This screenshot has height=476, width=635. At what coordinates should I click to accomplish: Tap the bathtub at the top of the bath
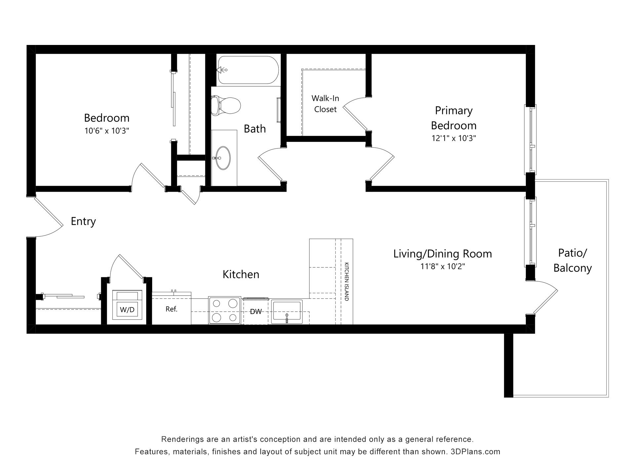pyautogui.click(x=248, y=70)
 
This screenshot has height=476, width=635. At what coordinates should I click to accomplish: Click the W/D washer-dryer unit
pyautogui.click(x=127, y=305)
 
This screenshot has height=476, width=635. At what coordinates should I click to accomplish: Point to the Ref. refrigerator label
pyautogui.click(x=172, y=309)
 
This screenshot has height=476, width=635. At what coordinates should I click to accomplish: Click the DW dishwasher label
pyautogui.click(x=256, y=311)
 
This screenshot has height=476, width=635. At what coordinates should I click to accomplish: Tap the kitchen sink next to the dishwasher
pyautogui.click(x=287, y=312)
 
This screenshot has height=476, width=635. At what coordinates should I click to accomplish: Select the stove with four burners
pyautogui.click(x=225, y=310)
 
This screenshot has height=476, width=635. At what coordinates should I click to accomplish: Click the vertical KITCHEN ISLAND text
pyautogui.click(x=347, y=282)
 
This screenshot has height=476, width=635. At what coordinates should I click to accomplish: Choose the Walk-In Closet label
pyautogui.click(x=325, y=104)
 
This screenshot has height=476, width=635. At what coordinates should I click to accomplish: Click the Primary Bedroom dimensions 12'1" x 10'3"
pyautogui.click(x=454, y=138)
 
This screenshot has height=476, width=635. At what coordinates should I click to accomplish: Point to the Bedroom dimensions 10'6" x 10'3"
pyautogui.click(x=106, y=131)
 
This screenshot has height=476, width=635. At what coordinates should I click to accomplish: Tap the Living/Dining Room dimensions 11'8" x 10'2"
pyautogui.click(x=443, y=266)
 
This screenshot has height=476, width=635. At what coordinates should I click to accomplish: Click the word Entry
pyautogui.click(x=83, y=221)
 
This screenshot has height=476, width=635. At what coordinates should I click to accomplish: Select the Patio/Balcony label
pyautogui.click(x=572, y=260)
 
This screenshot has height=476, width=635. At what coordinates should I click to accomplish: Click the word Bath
pyautogui.click(x=255, y=129)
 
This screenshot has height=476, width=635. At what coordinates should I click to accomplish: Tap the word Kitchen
pyautogui.click(x=241, y=274)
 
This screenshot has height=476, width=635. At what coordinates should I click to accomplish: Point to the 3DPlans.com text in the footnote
pyautogui.click(x=475, y=452)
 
